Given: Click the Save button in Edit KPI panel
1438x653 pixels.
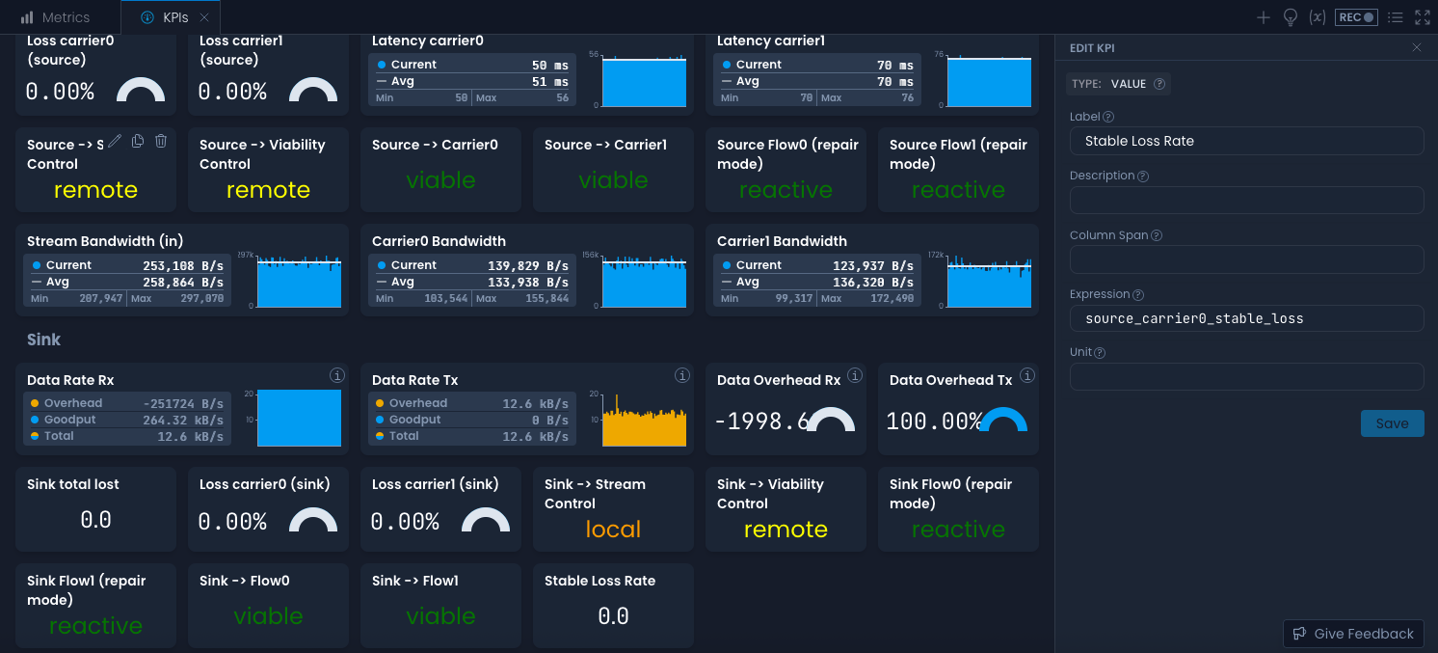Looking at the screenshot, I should tap(1392, 423).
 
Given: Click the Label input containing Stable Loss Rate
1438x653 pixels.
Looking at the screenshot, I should tap(1246, 141).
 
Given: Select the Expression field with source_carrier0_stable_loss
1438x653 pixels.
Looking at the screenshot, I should tap(1246, 318).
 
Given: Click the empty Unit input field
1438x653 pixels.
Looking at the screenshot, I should tap(1246, 377).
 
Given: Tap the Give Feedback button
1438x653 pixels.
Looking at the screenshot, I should tap(1353, 634).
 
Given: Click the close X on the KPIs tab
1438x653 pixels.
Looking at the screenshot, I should tap(204, 17).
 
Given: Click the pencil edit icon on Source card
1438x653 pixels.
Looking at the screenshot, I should tap(115, 141).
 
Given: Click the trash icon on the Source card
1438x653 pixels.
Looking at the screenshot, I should tap(161, 141).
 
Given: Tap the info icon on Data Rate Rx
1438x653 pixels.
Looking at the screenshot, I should tap(337, 375).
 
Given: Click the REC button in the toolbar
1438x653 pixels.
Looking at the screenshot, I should tap(1356, 17).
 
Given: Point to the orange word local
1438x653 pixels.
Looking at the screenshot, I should tap(613, 530).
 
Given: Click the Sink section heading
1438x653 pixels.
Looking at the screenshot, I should tap(44, 340).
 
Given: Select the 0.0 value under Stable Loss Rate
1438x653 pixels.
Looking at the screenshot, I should tap(613, 616).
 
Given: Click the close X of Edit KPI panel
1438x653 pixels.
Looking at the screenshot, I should tap(1416, 47).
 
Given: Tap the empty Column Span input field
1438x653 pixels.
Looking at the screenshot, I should tap(1246, 259).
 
